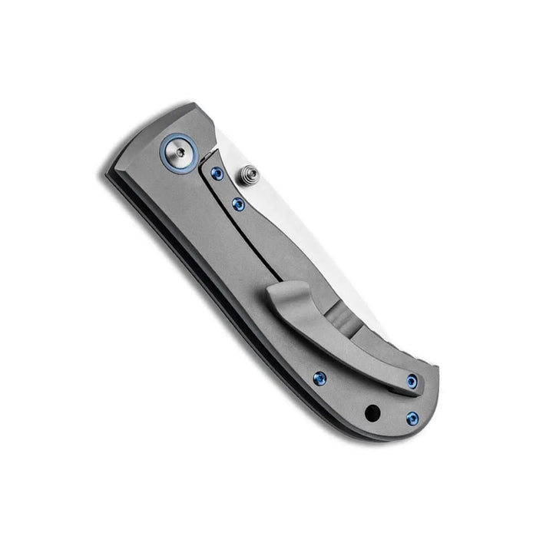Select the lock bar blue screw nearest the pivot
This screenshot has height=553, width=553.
coord(215,174)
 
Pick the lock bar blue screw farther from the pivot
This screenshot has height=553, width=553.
coord(237,204)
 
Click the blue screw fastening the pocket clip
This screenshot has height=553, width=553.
coord(412,381)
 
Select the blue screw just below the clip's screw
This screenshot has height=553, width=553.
coord(412,419)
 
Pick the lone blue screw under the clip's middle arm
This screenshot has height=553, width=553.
coord(319,378)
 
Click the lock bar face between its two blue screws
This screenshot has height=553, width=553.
coord(227,190)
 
